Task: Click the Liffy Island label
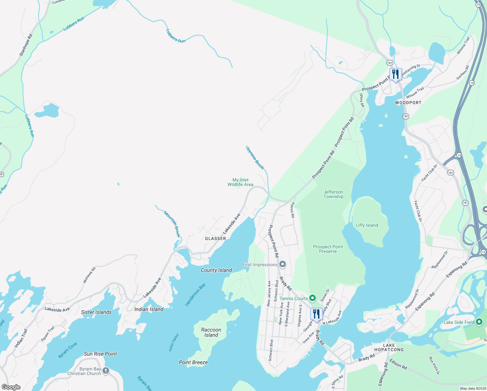[x=367, y=225]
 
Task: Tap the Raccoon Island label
[x=211, y=332]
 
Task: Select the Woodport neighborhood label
[x=408, y=103]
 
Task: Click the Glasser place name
[x=216, y=239]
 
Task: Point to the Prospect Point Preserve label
[x=328, y=249]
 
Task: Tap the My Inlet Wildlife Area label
[x=240, y=182]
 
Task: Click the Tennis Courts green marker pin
[x=313, y=298]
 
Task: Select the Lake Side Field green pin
[x=479, y=322]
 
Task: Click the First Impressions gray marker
[x=283, y=264]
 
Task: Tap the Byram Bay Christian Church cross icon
[x=106, y=371]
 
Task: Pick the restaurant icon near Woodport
[x=396, y=74]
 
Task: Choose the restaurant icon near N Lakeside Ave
[x=316, y=314]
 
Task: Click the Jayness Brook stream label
[x=255, y=158]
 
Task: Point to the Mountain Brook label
[x=172, y=224]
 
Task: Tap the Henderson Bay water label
[x=195, y=295]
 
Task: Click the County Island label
[x=216, y=270]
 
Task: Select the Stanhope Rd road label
[x=26, y=45]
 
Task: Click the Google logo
[x=11, y=387]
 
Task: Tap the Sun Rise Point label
[x=100, y=354]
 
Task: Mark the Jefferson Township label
[x=333, y=194]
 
